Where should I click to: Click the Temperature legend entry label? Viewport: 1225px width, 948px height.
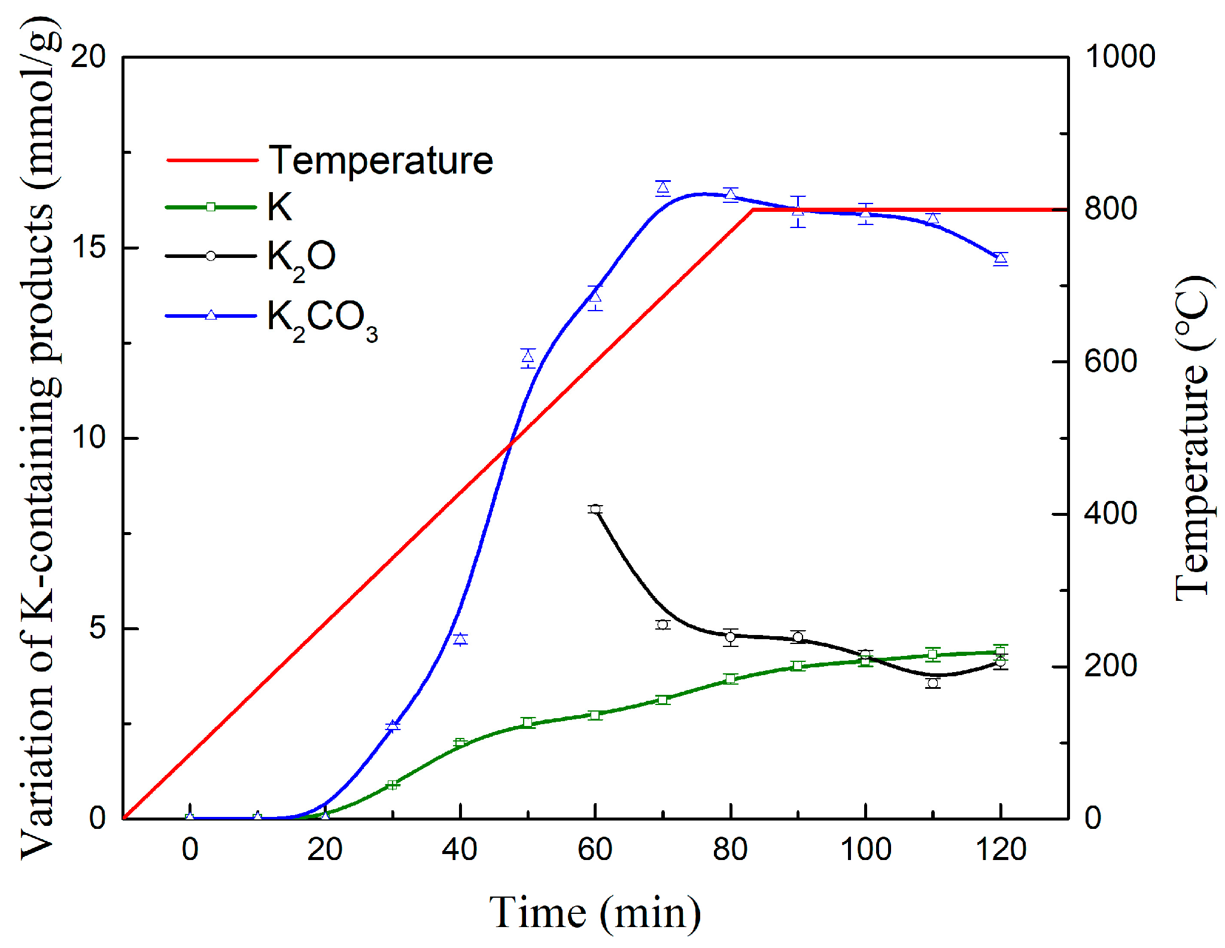pyautogui.click(x=381, y=160)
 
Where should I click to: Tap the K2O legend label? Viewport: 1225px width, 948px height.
pyautogui.click(x=301, y=259)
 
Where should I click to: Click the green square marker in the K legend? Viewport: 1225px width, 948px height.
pyautogui.click(x=211, y=207)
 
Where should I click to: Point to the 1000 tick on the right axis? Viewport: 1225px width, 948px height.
pyautogui.click(x=1120, y=57)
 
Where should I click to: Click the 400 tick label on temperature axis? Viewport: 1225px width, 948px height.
pyautogui.click(x=1110, y=514)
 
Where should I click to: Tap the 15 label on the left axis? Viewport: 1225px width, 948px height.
pyautogui.click(x=88, y=248)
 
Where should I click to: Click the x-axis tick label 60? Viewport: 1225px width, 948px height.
pyautogui.click(x=595, y=849)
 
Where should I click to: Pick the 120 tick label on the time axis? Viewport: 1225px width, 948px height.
pyautogui.click(x=1001, y=849)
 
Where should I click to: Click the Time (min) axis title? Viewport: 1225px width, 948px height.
pyautogui.click(x=595, y=913)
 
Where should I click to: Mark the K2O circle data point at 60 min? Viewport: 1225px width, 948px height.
pyautogui.click(x=595, y=509)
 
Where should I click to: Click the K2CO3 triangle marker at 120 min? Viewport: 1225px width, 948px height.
pyautogui.click(x=1001, y=259)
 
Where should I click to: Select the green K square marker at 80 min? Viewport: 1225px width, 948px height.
pyautogui.click(x=730, y=679)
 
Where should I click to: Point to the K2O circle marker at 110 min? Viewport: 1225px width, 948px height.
pyautogui.click(x=933, y=683)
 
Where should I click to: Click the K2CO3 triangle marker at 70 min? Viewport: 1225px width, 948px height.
pyautogui.click(x=662, y=189)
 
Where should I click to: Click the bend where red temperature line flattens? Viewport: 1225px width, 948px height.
pyautogui.click(x=753, y=209)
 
